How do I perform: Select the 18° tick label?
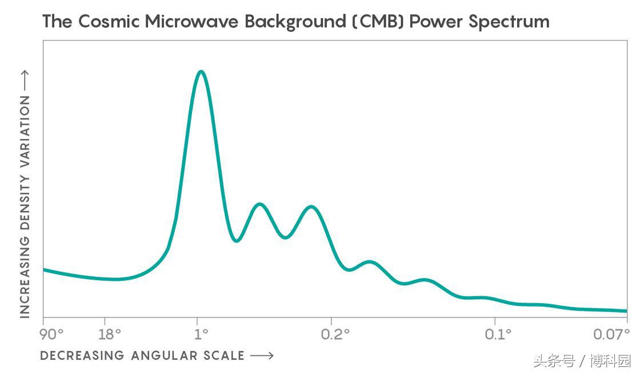pyautogui.click(x=110, y=334)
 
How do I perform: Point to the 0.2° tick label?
pyautogui.click(x=335, y=334)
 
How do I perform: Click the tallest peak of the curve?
pyautogui.click(x=201, y=72)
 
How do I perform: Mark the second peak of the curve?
pyautogui.click(x=259, y=204)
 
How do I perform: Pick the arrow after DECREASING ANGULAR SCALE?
pyautogui.click(x=262, y=356)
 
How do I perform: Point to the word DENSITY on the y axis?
pyautogui.click(x=25, y=190)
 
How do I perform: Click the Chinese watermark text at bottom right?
pyautogui.click(x=581, y=362)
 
